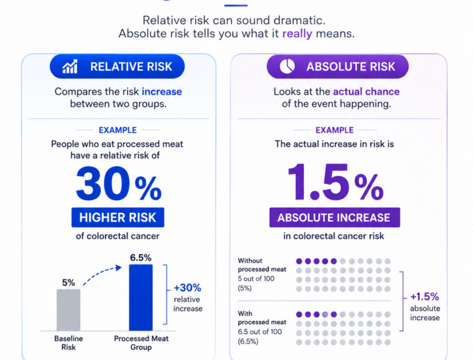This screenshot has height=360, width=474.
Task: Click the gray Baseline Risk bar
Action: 69,310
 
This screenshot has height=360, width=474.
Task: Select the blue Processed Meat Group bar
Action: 141,297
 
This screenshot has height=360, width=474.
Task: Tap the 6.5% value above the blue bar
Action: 140,258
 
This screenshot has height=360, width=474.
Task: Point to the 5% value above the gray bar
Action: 69,282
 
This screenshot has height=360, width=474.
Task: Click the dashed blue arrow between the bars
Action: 101,274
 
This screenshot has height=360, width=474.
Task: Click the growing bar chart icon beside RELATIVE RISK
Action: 70,66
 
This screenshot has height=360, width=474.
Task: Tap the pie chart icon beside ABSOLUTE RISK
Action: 287,66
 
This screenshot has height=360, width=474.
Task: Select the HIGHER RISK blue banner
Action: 118,217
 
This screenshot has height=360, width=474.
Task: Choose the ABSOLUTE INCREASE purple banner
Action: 334,217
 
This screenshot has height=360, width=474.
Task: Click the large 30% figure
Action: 119,183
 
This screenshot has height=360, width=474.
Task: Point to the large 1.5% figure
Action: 335,182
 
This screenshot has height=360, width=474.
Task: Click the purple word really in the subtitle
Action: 297,33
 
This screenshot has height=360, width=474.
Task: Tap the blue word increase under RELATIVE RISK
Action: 162,92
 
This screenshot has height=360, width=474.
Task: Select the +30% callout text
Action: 188,288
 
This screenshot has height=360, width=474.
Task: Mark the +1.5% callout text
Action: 425,297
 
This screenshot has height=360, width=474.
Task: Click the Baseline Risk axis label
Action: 69,343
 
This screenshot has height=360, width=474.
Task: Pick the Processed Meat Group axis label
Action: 141,343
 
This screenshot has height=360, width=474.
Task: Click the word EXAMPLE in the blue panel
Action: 118,130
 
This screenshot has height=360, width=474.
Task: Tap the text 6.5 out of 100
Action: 260,332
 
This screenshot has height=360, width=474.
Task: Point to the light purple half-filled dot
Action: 325,315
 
